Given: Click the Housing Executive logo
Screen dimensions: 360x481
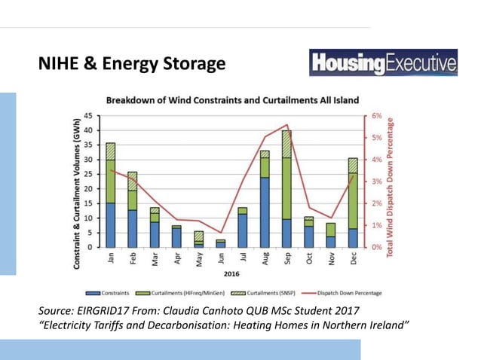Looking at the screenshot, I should pyautogui.click(x=383, y=63).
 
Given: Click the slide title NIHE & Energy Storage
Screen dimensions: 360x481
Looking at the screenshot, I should pyautogui.click(x=132, y=65).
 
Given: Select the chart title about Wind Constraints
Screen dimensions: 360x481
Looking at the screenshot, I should pyautogui.click(x=232, y=100).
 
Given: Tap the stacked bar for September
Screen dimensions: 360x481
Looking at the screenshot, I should pyautogui.click(x=286, y=188).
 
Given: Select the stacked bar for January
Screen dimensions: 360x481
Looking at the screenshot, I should pyautogui.click(x=111, y=194).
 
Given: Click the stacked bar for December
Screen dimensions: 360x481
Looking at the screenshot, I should pyautogui.click(x=353, y=203).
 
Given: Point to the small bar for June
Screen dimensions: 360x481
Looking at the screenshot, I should pyautogui.click(x=221, y=243).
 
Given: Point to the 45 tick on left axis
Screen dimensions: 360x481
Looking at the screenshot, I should pyautogui.click(x=88, y=116).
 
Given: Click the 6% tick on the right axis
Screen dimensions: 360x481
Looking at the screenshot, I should pyautogui.click(x=376, y=116).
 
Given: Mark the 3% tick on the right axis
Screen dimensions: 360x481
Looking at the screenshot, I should pyautogui.click(x=376, y=182).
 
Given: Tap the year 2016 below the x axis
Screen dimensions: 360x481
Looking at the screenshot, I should pyautogui.click(x=231, y=274).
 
